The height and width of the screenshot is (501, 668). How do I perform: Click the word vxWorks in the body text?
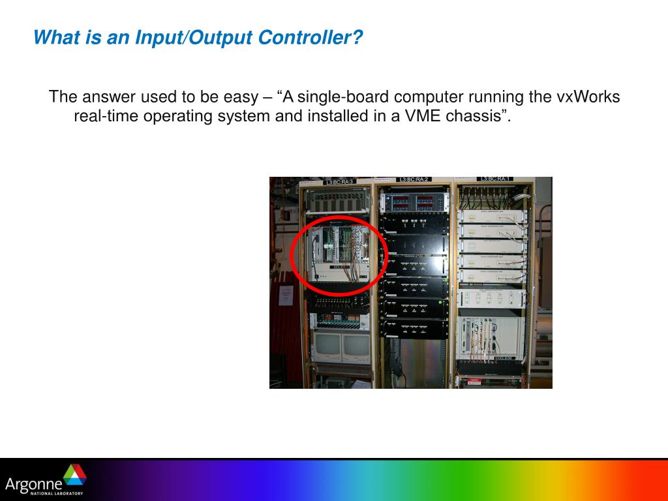[587, 97]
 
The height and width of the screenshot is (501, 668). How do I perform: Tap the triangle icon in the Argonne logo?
[74, 475]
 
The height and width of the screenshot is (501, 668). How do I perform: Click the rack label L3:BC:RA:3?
[339, 181]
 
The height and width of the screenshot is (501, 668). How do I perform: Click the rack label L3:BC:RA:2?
[414, 179]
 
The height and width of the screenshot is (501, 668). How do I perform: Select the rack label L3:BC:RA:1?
[496, 179]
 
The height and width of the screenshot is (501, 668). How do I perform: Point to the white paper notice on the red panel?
[286, 295]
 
